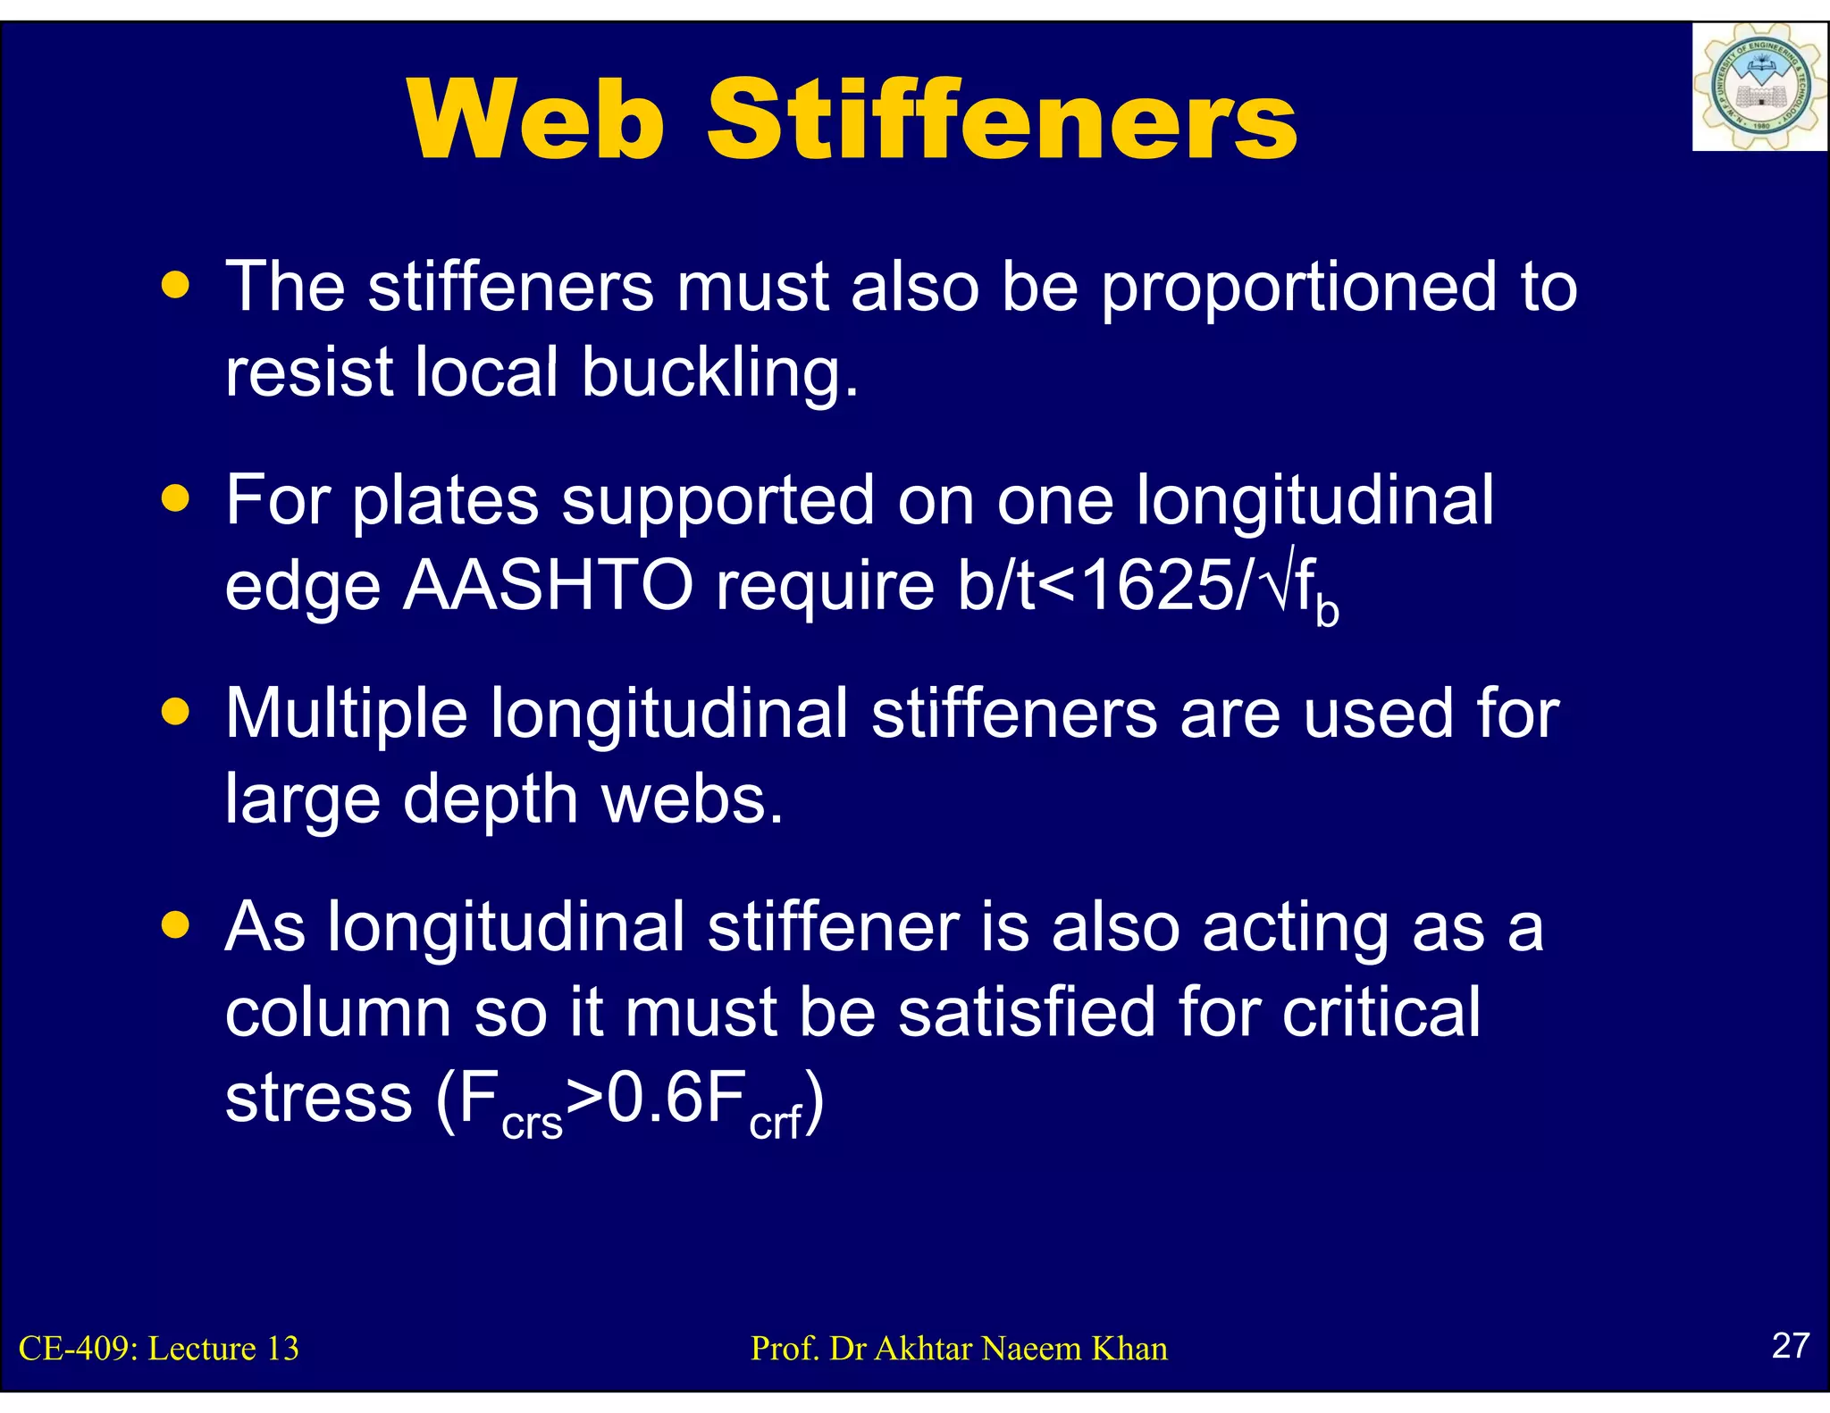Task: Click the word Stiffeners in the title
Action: tap(1002, 121)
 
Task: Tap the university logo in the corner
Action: tap(1759, 88)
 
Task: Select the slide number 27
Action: tap(1790, 1345)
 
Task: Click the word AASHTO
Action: tap(548, 586)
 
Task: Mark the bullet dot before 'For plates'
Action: tap(176, 498)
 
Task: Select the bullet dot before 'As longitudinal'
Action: tap(176, 925)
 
